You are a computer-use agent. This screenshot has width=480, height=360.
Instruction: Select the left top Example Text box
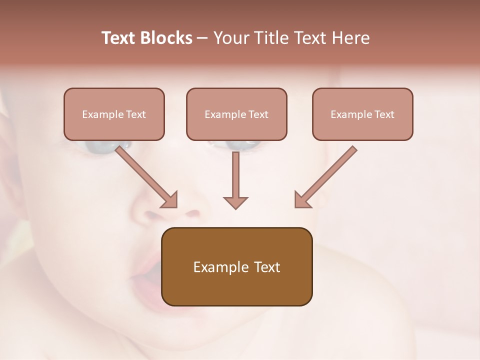click(x=114, y=114)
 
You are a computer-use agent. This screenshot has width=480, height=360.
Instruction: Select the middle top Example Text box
click(x=236, y=114)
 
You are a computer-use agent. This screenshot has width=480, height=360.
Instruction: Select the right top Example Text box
click(x=362, y=114)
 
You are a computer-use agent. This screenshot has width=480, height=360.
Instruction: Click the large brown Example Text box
click(x=236, y=266)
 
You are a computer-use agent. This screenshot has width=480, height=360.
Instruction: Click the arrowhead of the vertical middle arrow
click(x=235, y=202)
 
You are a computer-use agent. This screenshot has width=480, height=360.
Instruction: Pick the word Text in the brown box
click(x=267, y=267)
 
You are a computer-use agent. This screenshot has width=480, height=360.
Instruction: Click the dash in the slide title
click(x=202, y=38)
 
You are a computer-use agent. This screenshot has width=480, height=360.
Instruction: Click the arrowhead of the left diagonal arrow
click(x=170, y=199)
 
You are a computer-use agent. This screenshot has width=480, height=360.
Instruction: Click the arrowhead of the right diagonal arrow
click(x=302, y=199)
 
